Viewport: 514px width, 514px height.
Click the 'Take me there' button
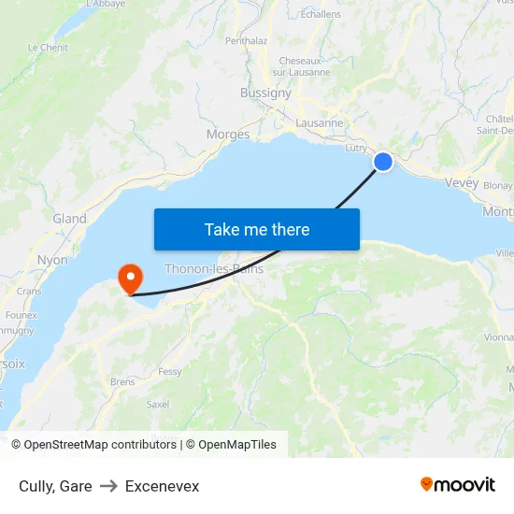(257, 229)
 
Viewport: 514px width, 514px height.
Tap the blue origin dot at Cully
(383, 162)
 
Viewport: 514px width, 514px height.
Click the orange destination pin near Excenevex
(129, 278)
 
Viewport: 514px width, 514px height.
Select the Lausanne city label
(320, 122)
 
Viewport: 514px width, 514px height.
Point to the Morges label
(228, 135)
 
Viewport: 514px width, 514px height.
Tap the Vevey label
(463, 183)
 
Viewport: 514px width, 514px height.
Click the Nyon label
(52, 260)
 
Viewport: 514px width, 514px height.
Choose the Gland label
(70, 219)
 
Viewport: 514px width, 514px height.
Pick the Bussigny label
(265, 93)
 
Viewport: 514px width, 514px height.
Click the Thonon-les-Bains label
(214, 269)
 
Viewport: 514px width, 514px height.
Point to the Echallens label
(321, 14)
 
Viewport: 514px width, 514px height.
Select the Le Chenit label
(48, 47)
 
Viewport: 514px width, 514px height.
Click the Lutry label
(356, 148)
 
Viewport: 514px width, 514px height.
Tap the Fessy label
(170, 371)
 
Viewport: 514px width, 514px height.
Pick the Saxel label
(158, 405)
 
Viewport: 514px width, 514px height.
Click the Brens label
(122, 381)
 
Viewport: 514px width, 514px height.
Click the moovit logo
(458, 485)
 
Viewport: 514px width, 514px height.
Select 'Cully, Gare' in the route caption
(55, 486)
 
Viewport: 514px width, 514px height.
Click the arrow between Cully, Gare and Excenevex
(108, 486)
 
